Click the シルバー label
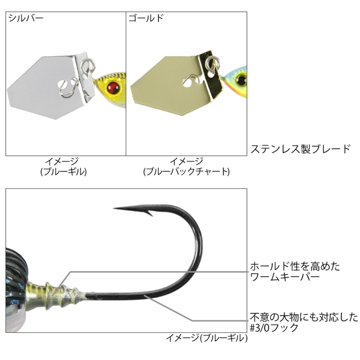click(26, 18)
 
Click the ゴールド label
click(146, 18)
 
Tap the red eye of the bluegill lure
click(114, 88)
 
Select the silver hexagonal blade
click(46, 87)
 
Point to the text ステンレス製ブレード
click(300, 149)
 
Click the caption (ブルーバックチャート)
click(186, 171)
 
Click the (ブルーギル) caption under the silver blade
click(63, 171)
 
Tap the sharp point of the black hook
click(114, 208)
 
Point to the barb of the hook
click(150, 213)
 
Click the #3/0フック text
click(274, 328)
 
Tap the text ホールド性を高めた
click(295, 266)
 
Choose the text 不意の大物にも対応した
click(304, 317)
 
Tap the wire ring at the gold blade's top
click(212, 61)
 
